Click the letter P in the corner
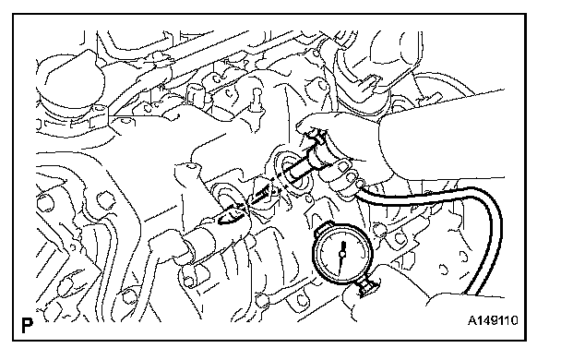click(27, 325)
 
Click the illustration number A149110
click(493, 320)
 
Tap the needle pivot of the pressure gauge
click(342, 254)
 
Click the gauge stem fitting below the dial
click(367, 287)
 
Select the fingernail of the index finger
click(344, 166)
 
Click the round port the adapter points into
click(286, 171)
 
